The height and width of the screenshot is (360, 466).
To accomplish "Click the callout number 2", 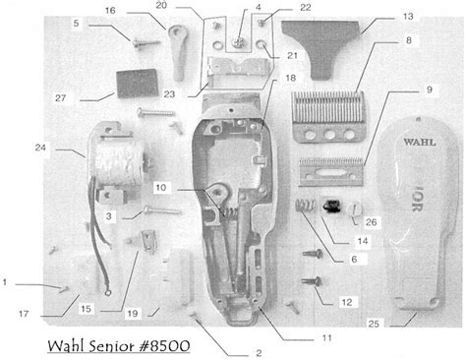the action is coord(259,351).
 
